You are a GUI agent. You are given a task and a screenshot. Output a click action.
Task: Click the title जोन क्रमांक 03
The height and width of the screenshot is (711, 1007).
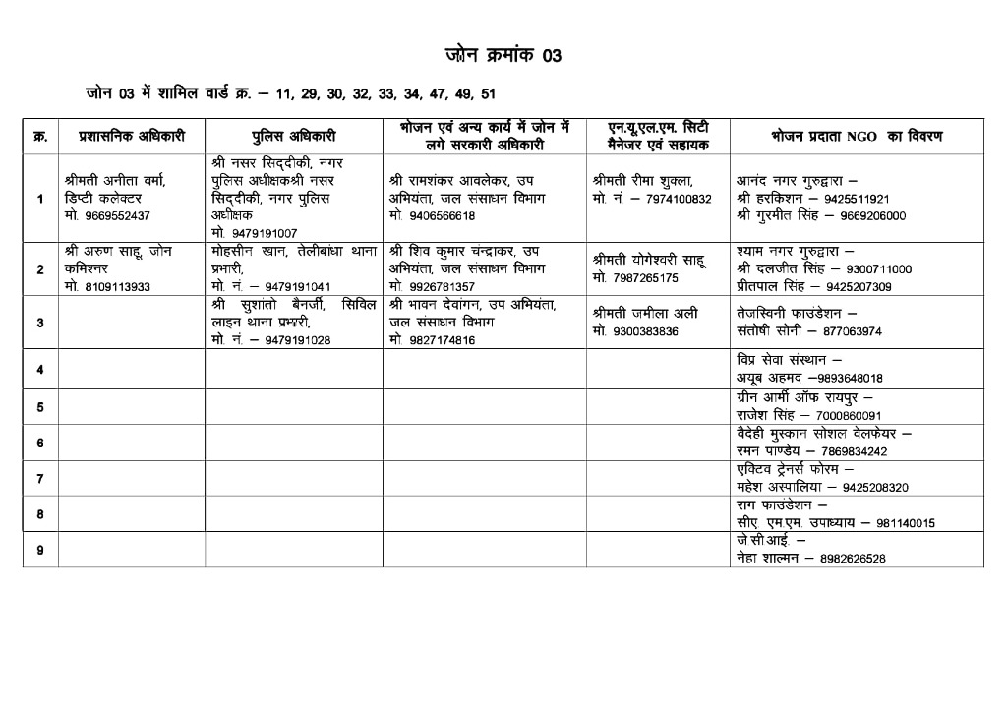coord(503,56)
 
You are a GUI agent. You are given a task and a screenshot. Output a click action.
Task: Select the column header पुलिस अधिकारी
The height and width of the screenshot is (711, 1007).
coord(293,136)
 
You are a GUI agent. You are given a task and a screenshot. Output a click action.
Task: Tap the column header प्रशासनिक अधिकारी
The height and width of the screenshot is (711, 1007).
coord(131,136)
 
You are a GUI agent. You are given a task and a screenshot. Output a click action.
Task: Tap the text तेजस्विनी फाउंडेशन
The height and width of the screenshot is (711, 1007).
coord(790,314)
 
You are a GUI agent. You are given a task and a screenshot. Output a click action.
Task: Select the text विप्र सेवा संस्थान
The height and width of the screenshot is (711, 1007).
coord(783,360)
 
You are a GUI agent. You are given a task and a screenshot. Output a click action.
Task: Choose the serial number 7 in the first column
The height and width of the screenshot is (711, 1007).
coord(40,479)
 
